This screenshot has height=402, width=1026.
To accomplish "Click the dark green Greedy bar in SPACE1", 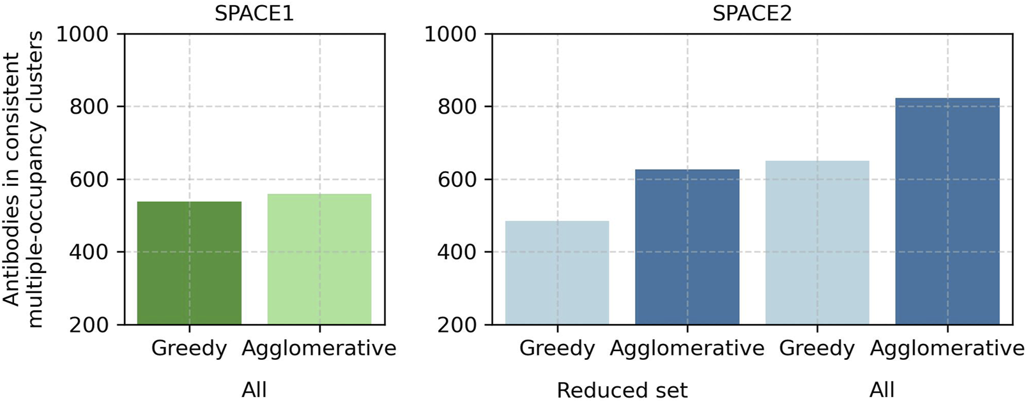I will [x=189, y=263].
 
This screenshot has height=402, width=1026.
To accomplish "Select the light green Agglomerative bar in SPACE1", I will [x=319, y=259].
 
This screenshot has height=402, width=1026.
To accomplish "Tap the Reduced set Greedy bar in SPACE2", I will [x=557, y=272].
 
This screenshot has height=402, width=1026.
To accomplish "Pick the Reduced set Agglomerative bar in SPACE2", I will [x=687, y=247].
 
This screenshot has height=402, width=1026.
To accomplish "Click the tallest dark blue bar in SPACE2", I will [x=947, y=211].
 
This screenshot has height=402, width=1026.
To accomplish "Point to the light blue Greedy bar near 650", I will [x=817, y=242].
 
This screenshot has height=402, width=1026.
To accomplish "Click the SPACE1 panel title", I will [x=254, y=13].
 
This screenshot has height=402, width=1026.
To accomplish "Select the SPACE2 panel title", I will [x=752, y=13].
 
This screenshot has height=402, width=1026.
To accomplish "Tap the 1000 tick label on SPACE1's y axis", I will [x=82, y=34].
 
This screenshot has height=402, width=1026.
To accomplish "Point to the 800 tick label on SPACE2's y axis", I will [x=457, y=107].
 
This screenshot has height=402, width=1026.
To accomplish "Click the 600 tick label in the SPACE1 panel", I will [x=89, y=179].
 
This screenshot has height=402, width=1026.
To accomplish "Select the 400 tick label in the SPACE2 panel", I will [x=457, y=252].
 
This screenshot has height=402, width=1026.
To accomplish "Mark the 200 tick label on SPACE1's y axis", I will [x=89, y=325].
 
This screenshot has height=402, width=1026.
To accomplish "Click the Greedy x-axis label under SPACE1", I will [x=189, y=348].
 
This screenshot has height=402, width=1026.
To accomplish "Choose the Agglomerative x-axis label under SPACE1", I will [x=319, y=348].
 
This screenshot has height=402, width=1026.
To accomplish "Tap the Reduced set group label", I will [x=622, y=390].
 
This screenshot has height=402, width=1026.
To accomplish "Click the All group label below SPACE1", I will [x=254, y=389].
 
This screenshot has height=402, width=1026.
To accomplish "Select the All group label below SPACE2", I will [x=882, y=389].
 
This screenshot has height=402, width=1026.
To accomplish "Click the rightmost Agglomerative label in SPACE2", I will [x=947, y=348].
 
